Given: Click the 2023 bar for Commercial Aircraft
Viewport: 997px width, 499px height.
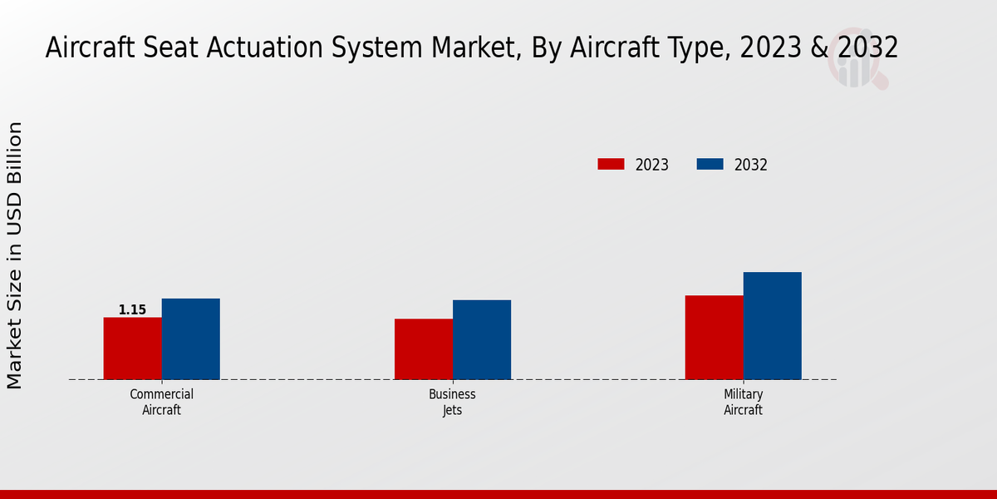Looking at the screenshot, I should pos(132,348).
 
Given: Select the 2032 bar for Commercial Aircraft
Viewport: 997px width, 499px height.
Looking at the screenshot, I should pos(190,338).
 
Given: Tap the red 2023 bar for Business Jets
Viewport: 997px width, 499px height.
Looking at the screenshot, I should pos(424,349).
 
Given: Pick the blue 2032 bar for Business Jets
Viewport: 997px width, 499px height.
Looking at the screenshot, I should pos(482,339).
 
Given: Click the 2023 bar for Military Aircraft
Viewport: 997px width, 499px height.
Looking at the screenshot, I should pos(714,338).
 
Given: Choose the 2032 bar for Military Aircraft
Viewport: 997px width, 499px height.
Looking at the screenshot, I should pos(772,326).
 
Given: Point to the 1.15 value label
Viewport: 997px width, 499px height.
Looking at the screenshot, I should pos(132,310).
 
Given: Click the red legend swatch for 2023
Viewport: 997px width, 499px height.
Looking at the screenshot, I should pos(611,165).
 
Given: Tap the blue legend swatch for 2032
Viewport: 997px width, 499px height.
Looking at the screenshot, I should pos(710,165).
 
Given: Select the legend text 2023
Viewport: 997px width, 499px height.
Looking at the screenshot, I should pos(652,165).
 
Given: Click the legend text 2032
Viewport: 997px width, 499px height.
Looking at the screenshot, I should pos(751,165).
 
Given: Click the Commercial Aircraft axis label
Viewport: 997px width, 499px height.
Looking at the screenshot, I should pos(161,402).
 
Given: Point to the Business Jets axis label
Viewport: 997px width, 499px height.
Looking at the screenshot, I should pos(452,402).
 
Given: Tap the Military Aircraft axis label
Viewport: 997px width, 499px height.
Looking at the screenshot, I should pos(743,402).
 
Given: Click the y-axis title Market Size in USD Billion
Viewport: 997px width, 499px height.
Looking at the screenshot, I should pos(15,255).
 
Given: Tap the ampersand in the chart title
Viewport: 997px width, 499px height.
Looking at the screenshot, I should pos(818,47).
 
